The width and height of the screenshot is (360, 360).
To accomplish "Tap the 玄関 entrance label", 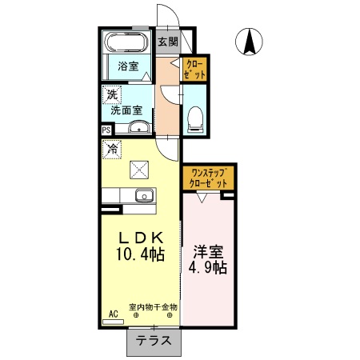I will [x=167, y=42].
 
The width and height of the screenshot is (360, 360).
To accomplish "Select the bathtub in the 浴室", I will [x=126, y=43].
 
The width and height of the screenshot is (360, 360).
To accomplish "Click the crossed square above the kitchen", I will [x=141, y=168].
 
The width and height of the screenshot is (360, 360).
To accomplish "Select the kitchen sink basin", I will [x=144, y=195].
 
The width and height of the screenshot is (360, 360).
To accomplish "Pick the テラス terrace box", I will [x=152, y=340].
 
